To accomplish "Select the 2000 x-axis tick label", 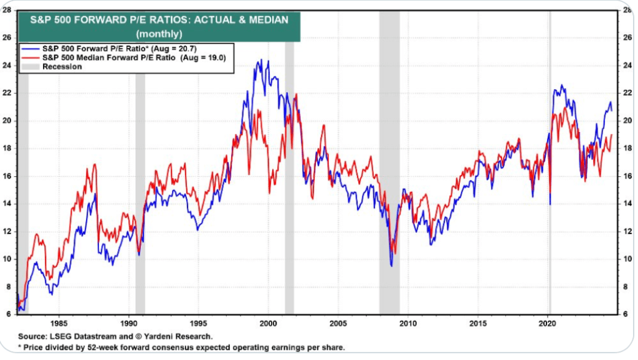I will point(269,323).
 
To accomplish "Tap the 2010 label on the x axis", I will point(408,323).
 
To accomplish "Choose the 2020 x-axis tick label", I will point(548,323).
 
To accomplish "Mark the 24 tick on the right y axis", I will point(620,65).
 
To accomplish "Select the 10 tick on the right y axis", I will point(620,259).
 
